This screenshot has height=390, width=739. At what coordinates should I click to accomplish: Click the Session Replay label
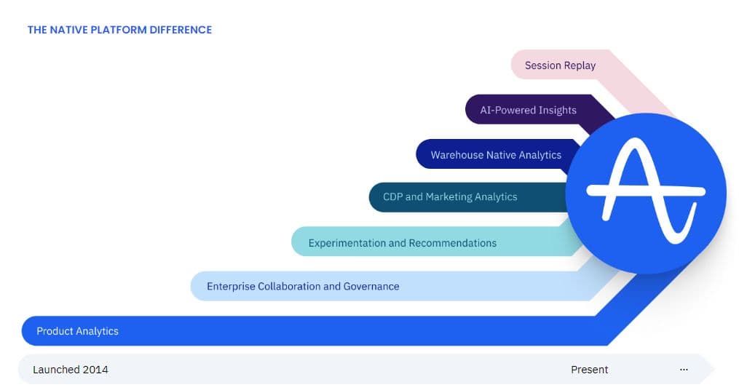560,65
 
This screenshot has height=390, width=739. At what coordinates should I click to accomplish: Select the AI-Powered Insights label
528,111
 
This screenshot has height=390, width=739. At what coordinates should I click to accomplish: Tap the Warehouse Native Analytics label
496,155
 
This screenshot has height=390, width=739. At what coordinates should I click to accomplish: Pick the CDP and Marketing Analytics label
450,197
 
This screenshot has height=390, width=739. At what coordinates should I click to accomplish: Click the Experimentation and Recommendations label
402,243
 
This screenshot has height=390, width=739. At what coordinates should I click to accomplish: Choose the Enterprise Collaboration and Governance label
303,287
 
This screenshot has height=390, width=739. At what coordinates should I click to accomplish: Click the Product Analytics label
77,331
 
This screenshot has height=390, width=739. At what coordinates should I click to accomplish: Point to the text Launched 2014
71,370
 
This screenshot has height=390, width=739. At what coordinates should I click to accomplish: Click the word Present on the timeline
589,370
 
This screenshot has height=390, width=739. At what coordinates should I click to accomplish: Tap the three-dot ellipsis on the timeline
684,370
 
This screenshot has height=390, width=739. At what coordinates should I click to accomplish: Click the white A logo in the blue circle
646,193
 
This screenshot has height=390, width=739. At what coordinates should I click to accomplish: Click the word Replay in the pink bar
580,65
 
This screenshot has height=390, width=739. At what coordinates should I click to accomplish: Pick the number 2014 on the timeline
95,370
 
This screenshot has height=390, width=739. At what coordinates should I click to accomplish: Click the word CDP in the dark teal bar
392,197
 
